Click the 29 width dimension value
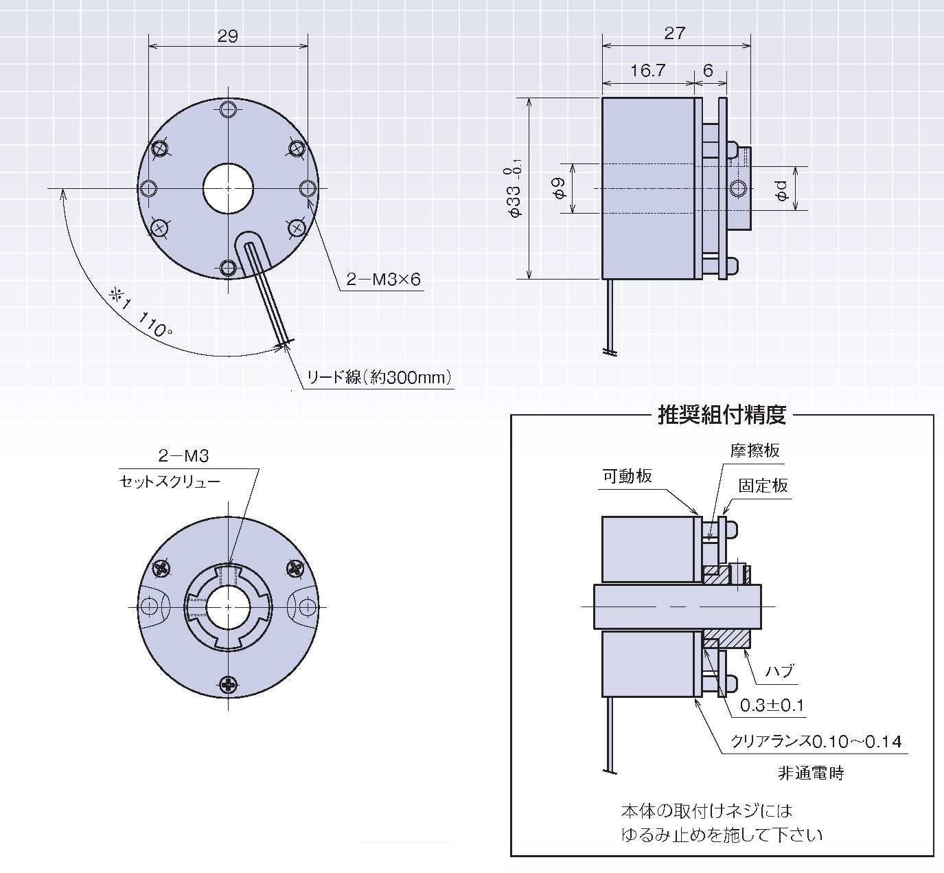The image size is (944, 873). (x=227, y=36)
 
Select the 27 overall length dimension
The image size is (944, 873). (x=675, y=33)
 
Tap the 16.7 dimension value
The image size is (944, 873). (x=647, y=71)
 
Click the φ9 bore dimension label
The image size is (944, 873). (x=559, y=188)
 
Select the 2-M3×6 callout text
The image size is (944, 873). (x=383, y=280)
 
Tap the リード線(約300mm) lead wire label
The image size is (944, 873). (x=380, y=377)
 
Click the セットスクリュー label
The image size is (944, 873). (x=170, y=481)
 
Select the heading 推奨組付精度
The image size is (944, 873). (x=722, y=415)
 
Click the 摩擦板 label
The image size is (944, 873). (x=755, y=451)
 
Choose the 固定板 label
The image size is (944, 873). (x=763, y=486)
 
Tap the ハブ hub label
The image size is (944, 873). (x=779, y=670)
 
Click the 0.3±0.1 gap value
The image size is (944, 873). (x=772, y=705)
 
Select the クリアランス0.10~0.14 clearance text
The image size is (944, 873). (x=816, y=742)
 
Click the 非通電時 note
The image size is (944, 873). (x=810, y=773)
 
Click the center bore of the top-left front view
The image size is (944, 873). (x=228, y=188)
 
